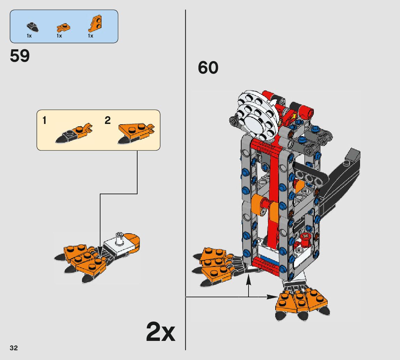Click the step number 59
pyautogui.click(x=20, y=56)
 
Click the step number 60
pyautogui.click(x=208, y=67)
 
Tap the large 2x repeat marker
pyautogui.click(x=161, y=332)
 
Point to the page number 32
pyautogui.click(x=14, y=348)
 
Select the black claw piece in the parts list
pyautogui.click(x=32, y=27)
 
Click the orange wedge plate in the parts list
pyautogui.click(x=96, y=24)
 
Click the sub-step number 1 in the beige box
pyautogui.click(x=44, y=120)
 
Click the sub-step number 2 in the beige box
pyautogui.click(x=108, y=120)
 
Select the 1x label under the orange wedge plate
pyautogui.click(x=90, y=36)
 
